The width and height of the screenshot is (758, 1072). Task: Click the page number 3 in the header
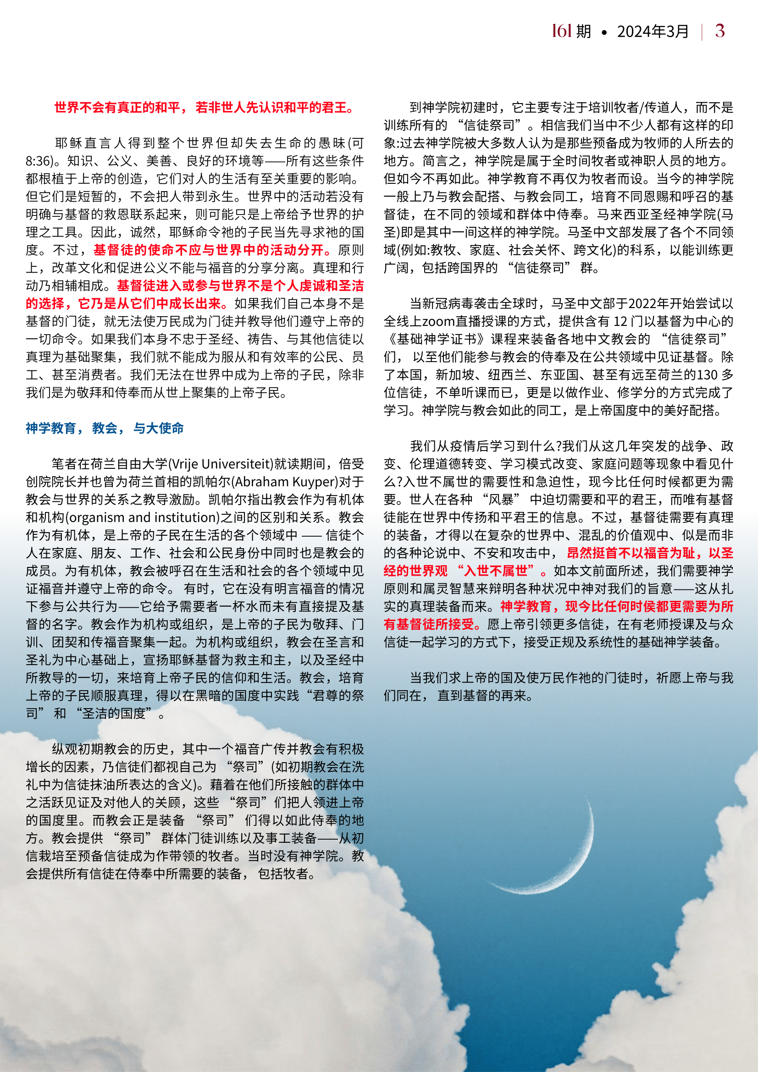719,31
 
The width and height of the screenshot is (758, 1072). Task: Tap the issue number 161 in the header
561,31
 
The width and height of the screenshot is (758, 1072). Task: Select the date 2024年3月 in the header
653,32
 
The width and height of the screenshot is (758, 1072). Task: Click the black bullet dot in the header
604,33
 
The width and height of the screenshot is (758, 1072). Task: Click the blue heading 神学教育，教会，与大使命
105,428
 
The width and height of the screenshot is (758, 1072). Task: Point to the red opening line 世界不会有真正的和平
204,108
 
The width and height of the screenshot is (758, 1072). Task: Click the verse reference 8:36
39,161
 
